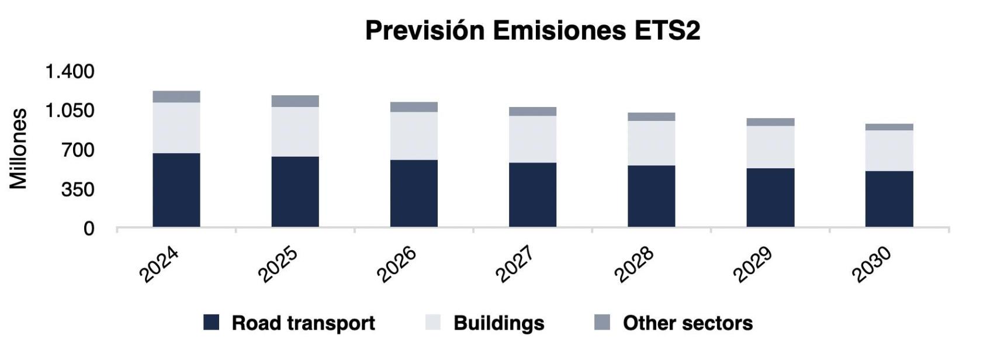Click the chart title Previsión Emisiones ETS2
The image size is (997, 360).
[x=532, y=30]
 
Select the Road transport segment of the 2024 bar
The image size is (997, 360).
[x=176, y=190]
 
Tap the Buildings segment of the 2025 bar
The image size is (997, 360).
[x=295, y=131]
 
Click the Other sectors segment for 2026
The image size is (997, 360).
[x=414, y=107]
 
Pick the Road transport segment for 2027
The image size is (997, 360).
[x=532, y=195]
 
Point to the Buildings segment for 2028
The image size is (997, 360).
[x=651, y=143]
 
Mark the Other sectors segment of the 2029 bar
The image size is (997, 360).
[x=770, y=122]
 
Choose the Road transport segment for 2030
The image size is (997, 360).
[x=889, y=199]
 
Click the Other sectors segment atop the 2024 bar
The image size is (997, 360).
[x=176, y=96]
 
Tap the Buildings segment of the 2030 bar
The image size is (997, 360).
[x=889, y=150]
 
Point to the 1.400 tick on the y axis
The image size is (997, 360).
[x=70, y=71]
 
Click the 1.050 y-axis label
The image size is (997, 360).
[x=70, y=110]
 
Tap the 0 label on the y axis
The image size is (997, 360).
[x=88, y=229]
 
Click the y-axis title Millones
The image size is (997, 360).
[x=19, y=148]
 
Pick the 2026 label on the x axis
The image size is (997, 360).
[x=397, y=264]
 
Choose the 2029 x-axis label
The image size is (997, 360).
[x=753, y=264]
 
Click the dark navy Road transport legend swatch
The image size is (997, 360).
[x=211, y=323]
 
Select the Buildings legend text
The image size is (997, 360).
[x=498, y=323]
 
